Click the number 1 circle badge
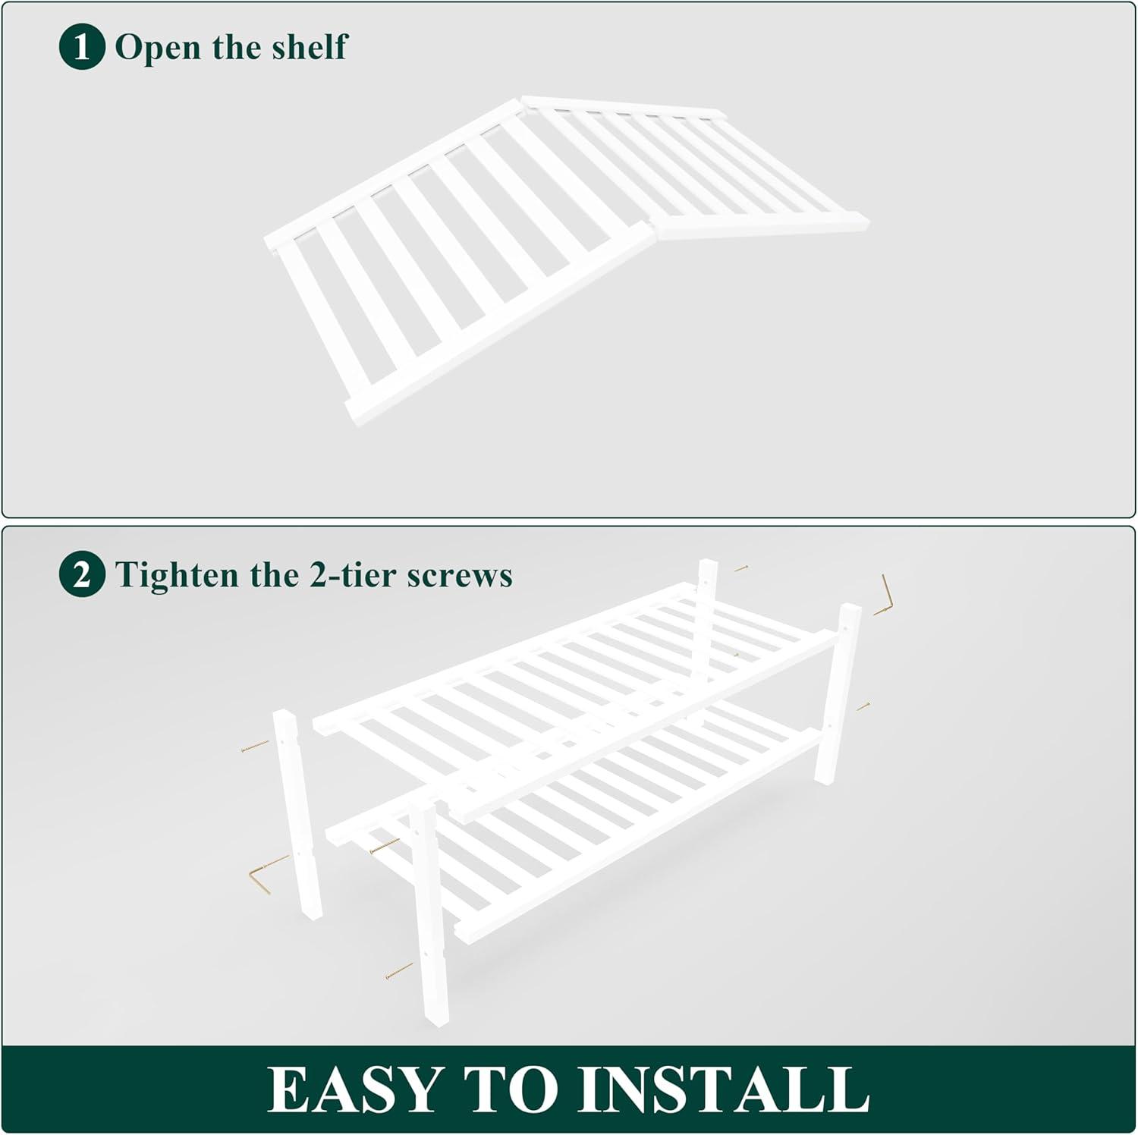pos(81,47)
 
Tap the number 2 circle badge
pos(81,574)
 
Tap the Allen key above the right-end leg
pos(884,596)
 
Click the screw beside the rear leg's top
pos(741,567)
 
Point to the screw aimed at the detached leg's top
pos(255,746)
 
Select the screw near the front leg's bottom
pos(399,970)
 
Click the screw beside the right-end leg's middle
pos(863,707)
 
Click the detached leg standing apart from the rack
pos(297,813)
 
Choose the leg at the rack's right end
pos(838,693)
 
